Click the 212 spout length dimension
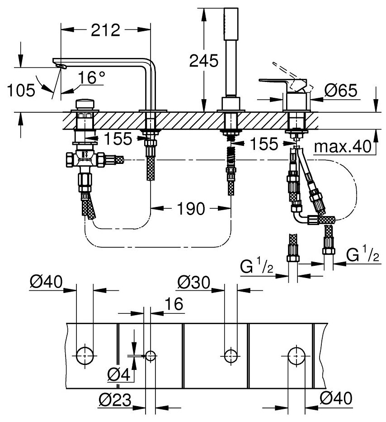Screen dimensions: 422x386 point(105,30)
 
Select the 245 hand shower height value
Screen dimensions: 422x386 point(204,61)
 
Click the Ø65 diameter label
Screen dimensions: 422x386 point(341,91)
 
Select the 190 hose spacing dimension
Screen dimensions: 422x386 point(190,209)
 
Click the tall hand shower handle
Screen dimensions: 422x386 point(232,50)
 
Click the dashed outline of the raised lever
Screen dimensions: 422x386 point(285,75)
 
